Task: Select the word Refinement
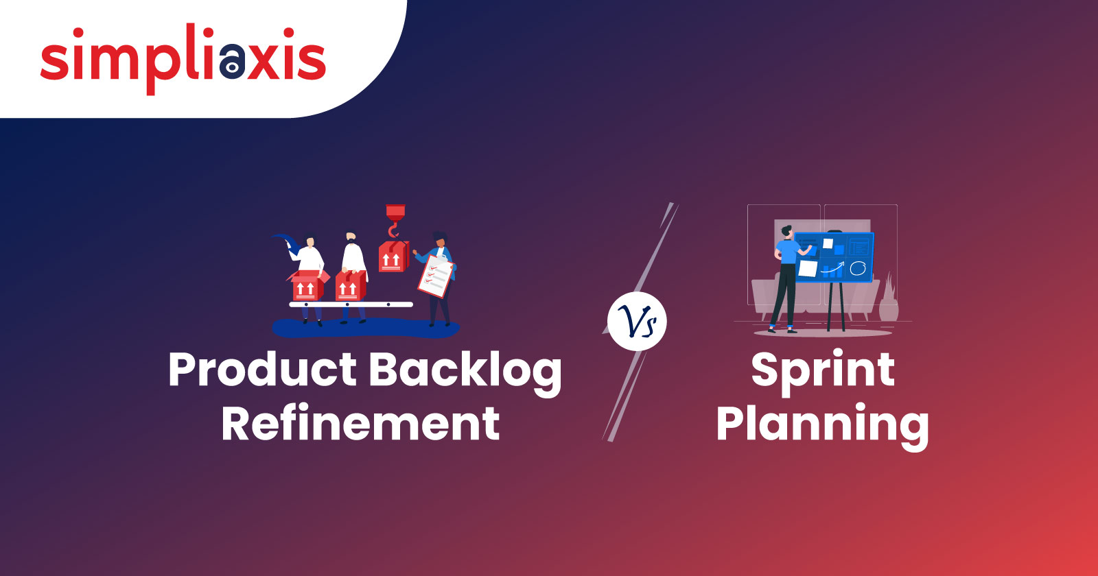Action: [x=360, y=423]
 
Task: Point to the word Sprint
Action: [x=823, y=372]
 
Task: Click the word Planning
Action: [x=823, y=426]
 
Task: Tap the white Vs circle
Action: [x=637, y=322]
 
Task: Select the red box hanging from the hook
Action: [x=393, y=256]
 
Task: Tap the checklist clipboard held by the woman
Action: [x=435, y=276]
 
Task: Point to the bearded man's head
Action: [x=351, y=238]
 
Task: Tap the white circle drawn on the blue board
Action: [x=857, y=268]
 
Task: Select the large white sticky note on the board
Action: [x=808, y=269]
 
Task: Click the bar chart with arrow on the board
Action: [x=832, y=269]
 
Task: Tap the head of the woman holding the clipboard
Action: [x=440, y=239]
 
